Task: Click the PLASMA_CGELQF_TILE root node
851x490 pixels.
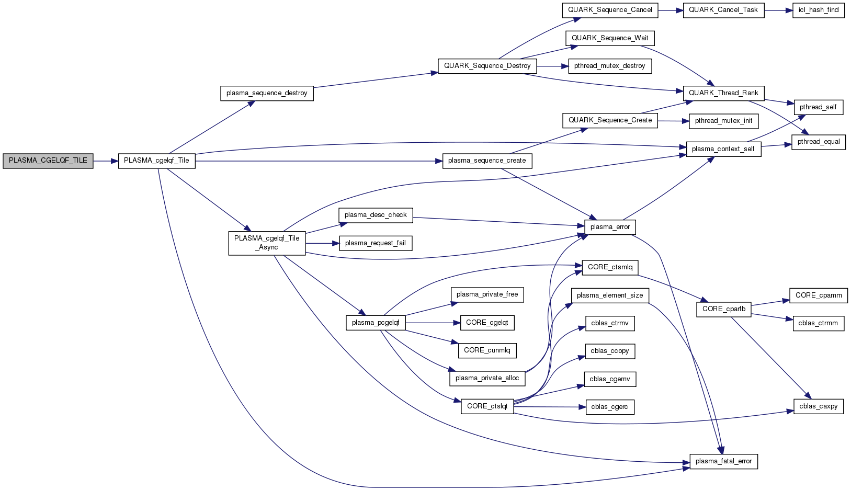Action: point(48,161)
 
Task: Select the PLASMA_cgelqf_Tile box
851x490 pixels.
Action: point(156,161)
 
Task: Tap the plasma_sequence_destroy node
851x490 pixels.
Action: point(267,93)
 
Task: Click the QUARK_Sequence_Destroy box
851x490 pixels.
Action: point(487,66)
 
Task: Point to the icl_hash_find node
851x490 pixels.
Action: point(818,10)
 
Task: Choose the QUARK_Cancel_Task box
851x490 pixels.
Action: point(723,10)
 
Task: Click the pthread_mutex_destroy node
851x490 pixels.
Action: point(609,66)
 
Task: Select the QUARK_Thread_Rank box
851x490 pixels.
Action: point(723,93)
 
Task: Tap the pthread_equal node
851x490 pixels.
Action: point(818,142)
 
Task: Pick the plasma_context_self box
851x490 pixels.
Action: point(723,149)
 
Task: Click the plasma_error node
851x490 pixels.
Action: point(610,227)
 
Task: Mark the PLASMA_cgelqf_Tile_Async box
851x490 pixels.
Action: point(267,243)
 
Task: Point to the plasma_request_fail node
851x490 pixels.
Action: point(376,243)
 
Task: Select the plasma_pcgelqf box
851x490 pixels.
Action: point(376,323)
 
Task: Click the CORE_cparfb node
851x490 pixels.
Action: point(723,309)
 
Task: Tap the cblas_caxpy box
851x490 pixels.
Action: point(818,406)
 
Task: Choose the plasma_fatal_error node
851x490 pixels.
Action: point(723,461)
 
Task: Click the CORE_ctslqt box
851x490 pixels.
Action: point(487,406)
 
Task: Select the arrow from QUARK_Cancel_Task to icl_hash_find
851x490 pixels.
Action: point(778,10)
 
